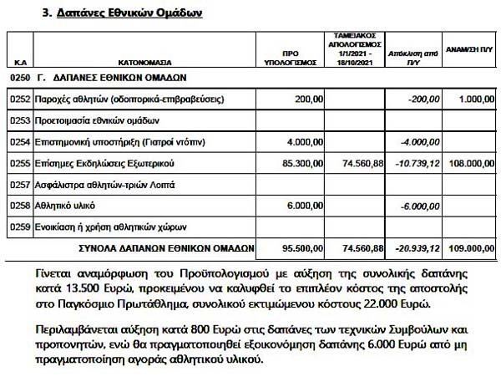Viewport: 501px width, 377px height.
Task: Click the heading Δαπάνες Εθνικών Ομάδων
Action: (x=130, y=14)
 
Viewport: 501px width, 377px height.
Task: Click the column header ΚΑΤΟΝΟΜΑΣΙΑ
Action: (x=140, y=62)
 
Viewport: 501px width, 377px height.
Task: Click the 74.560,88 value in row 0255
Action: (x=361, y=162)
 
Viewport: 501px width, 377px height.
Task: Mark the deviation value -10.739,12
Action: (x=414, y=162)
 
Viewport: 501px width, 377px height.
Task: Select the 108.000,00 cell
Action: (x=468, y=162)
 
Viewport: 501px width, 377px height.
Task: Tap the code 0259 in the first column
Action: (x=20, y=226)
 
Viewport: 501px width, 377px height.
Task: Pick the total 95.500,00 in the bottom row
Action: (x=301, y=247)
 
